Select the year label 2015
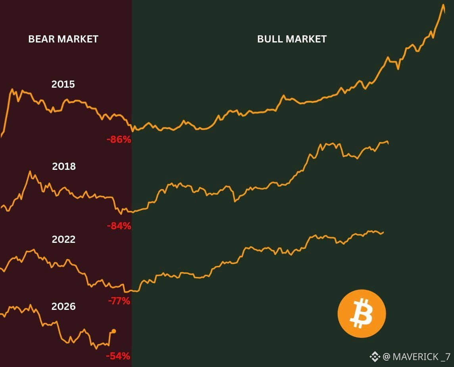(x=63, y=84)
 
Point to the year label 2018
(x=64, y=166)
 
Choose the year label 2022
(x=63, y=239)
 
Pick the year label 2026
(x=63, y=307)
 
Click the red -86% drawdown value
(x=119, y=140)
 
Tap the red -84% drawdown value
(x=119, y=226)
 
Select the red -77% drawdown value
(x=119, y=301)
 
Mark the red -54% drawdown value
(x=118, y=356)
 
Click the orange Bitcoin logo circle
(x=362, y=314)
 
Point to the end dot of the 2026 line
(x=114, y=331)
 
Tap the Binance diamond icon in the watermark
(x=375, y=357)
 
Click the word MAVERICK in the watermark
(x=416, y=357)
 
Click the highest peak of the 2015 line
(x=444, y=5)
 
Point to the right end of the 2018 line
(x=388, y=144)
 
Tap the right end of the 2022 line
(x=383, y=232)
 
